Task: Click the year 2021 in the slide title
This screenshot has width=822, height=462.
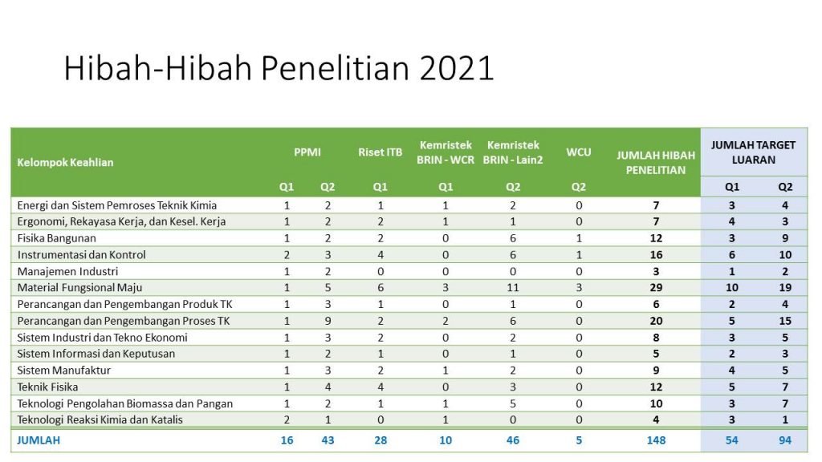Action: click(x=457, y=69)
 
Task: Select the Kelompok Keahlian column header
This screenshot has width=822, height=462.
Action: click(x=65, y=162)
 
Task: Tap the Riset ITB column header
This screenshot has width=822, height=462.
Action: click(x=380, y=152)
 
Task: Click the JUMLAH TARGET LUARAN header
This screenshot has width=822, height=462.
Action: click(x=753, y=152)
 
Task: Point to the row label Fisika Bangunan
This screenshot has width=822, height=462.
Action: click(x=57, y=238)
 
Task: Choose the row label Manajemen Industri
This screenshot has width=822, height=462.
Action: click(x=67, y=271)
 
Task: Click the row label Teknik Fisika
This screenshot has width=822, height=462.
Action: click(x=47, y=387)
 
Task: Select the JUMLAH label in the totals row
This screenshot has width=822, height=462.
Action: click(x=39, y=440)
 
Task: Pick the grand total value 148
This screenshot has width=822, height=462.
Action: click(x=656, y=440)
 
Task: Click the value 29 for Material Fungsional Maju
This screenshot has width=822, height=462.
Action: click(x=656, y=288)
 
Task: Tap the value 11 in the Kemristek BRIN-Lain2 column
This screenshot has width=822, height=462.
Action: click(x=513, y=288)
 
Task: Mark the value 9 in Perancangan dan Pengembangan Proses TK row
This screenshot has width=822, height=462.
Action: click(x=328, y=321)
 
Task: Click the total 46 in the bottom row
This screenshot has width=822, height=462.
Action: click(x=513, y=440)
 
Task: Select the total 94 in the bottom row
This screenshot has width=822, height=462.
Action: click(x=785, y=440)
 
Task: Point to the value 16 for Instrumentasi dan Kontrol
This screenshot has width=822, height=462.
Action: click(x=656, y=255)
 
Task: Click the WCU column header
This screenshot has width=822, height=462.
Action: click(x=579, y=152)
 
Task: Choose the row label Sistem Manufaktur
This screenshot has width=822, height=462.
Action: click(x=64, y=371)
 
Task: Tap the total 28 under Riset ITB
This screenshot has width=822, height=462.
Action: click(x=380, y=440)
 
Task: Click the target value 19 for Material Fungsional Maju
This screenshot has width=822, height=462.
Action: click(x=785, y=288)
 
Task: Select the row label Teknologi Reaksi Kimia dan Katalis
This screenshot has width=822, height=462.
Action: click(x=100, y=420)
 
